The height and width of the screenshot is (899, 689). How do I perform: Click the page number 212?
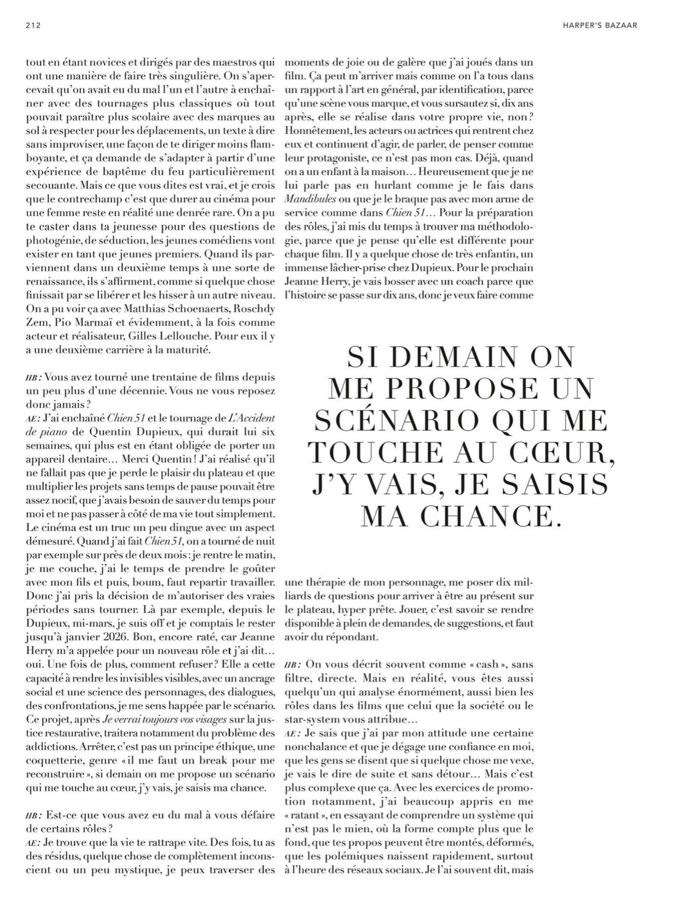tap(35, 25)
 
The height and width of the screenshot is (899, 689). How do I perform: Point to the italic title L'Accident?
tap(251, 418)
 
